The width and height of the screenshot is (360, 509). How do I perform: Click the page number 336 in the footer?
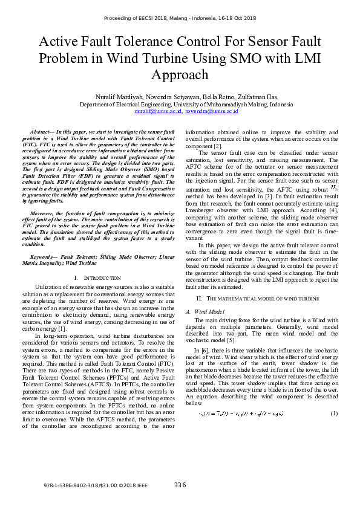(x=180, y=485)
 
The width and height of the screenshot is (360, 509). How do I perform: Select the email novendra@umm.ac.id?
(x=211, y=111)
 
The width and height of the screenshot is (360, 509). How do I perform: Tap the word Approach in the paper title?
(x=180, y=75)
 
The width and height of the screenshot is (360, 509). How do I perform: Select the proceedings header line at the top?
(x=180, y=18)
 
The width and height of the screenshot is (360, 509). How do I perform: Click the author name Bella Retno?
(x=195, y=97)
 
